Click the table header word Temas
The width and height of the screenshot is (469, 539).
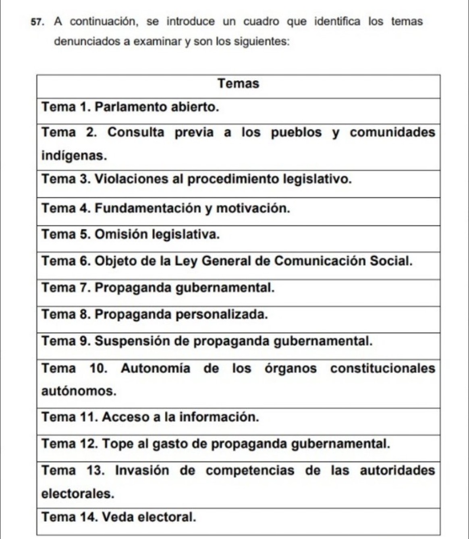pos(238,84)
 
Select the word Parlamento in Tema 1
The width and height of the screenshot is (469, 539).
pos(131,107)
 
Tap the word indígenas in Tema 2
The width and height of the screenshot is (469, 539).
pos(74,156)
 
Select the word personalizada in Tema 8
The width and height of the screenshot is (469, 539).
pos(221,314)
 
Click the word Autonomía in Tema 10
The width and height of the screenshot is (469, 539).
pos(155,369)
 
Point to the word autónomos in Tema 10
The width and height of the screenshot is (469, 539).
pos(79,391)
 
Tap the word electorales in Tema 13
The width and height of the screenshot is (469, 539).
pos(78,494)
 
